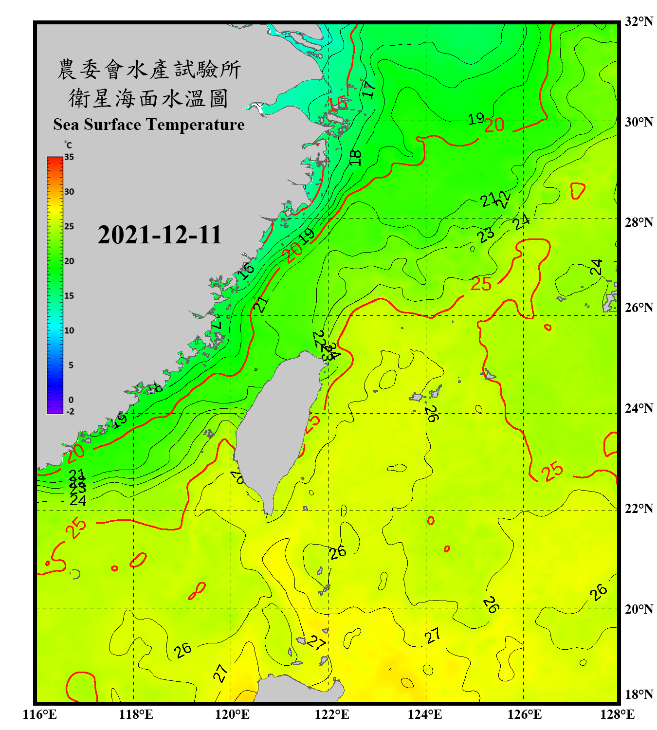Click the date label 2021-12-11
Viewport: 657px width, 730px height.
pyautogui.click(x=160, y=235)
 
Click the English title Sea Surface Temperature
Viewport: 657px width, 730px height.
pyautogui.click(x=149, y=125)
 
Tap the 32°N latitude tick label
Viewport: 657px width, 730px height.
pyautogui.click(x=639, y=21)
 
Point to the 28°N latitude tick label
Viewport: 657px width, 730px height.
pyautogui.click(x=639, y=222)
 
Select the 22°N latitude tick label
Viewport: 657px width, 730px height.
pyautogui.click(x=639, y=509)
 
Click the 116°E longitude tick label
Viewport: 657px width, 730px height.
pyautogui.click(x=40, y=714)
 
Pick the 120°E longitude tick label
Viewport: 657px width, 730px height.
pyautogui.click(x=232, y=714)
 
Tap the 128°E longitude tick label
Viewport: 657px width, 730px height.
pyautogui.click(x=617, y=714)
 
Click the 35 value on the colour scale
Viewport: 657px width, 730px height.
pyautogui.click(x=69, y=157)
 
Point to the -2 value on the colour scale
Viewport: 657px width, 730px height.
pyautogui.click(x=70, y=412)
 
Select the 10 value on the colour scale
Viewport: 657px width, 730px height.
pyautogui.click(x=69, y=331)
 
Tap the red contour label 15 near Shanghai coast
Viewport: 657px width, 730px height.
pyautogui.click(x=337, y=104)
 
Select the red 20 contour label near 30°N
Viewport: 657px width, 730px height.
pyautogui.click(x=494, y=126)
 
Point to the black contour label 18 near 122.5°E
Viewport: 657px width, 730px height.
pyautogui.click(x=356, y=157)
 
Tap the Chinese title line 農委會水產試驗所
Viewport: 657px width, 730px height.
pyautogui.click(x=149, y=70)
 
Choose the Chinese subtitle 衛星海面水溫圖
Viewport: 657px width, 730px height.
pyautogui.click(x=148, y=98)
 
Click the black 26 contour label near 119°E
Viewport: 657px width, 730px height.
pyautogui.click(x=182, y=650)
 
